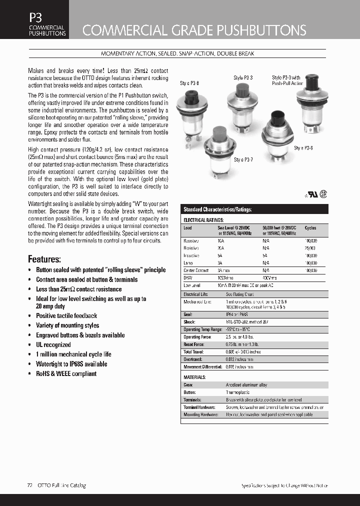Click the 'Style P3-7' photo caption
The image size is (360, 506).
(x=243, y=160)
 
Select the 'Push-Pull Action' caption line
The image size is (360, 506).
(x=287, y=84)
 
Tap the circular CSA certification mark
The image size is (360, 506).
(x=323, y=194)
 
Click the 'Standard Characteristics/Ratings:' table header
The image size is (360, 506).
(x=217, y=210)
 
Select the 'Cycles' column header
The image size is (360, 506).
(x=310, y=228)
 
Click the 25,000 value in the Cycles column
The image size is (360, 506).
(x=310, y=248)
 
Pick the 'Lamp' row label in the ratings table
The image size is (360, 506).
(x=188, y=262)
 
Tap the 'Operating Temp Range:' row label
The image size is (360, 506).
(x=202, y=329)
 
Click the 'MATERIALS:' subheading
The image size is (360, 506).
(x=194, y=377)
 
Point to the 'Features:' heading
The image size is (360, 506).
(x=44, y=259)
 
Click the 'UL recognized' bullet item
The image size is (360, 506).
(x=53, y=344)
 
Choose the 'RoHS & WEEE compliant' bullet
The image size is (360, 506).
(x=66, y=373)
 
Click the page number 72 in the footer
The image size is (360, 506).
(x=29, y=485)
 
